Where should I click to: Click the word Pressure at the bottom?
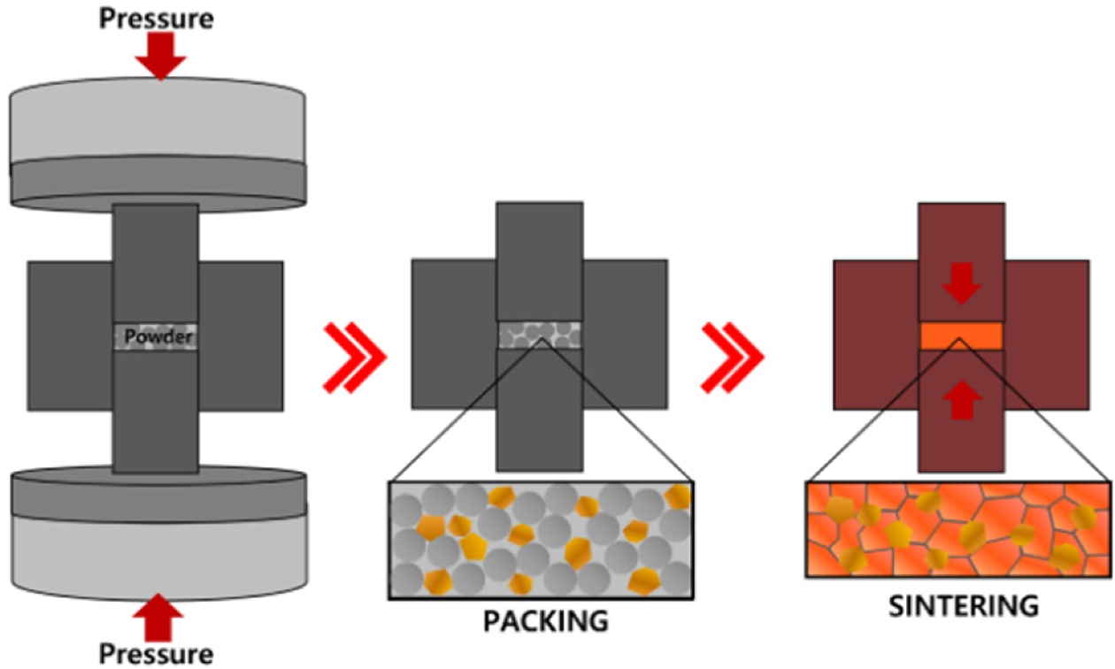point(156,654)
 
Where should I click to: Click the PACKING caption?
point(545,620)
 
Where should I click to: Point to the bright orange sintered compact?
point(962,336)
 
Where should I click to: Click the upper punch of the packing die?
point(539,261)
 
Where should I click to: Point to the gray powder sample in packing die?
point(540,334)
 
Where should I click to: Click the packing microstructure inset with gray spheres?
point(541,540)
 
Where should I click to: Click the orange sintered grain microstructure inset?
point(958,529)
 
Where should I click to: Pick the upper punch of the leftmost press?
point(156,261)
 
